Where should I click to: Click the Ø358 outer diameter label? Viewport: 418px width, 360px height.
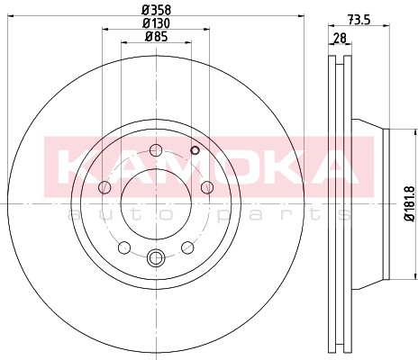(x=156, y=10)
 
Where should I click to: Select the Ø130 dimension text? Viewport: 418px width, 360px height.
(x=156, y=23)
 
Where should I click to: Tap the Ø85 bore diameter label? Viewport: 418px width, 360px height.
(x=156, y=37)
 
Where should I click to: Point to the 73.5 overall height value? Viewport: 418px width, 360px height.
(x=359, y=20)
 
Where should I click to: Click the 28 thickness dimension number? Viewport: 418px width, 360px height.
(x=340, y=38)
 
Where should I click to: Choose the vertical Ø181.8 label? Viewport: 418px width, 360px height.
(x=410, y=203)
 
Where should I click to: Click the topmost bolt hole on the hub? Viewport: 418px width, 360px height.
(x=156, y=150)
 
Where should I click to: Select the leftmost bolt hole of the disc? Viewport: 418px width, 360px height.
(x=104, y=187)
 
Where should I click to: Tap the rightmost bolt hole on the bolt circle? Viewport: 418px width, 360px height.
(x=207, y=187)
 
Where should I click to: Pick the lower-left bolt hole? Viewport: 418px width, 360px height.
(x=124, y=247)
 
